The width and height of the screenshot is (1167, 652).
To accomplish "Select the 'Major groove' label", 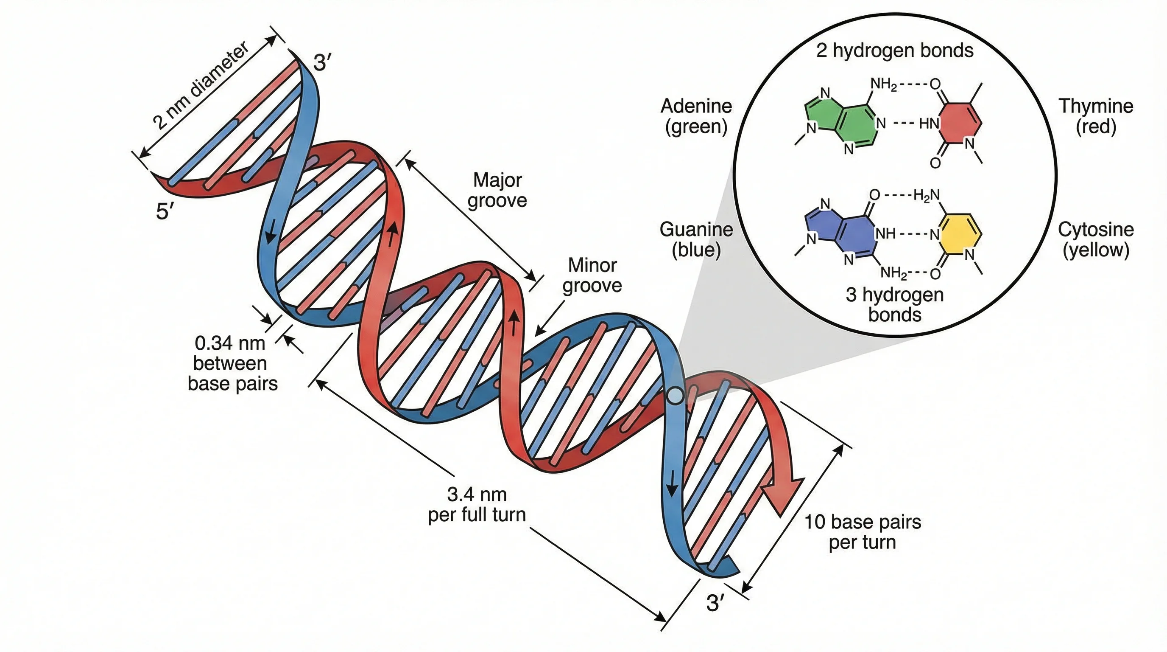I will click(x=497, y=190).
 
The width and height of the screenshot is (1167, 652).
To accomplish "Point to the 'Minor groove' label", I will click(x=592, y=275).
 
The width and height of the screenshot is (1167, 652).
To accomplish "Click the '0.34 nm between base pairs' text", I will click(x=232, y=363).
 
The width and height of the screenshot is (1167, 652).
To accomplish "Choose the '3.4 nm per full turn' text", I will click(x=477, y=504).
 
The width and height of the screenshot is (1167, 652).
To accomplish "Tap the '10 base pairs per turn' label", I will click(x=862, y=532).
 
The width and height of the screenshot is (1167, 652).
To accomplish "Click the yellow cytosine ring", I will click(x=960, y=236).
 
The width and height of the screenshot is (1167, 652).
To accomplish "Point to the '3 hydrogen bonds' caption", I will click(x=894, y=304).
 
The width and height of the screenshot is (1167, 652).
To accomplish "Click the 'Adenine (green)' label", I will click(x=696, y=116).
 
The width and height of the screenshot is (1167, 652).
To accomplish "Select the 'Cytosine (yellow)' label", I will click(x=1095, y=239).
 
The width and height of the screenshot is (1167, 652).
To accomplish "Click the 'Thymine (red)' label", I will click(x=1095, y=116).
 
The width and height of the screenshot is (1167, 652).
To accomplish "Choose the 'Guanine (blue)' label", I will click(x=696, y=239).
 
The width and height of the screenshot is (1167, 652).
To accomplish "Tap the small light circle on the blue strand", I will click(x=675, y=395).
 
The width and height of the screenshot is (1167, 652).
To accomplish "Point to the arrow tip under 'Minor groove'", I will click(x=537, y=334).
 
